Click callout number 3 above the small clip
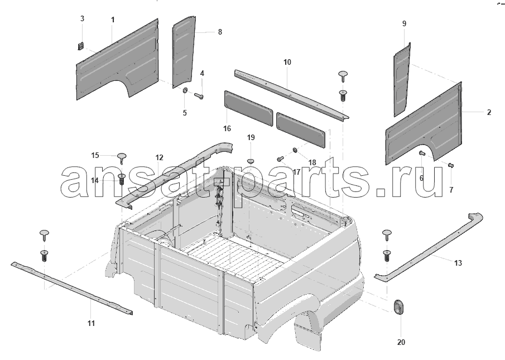point(82,18)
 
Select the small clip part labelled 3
point(81,46)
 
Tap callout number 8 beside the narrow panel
point(220,32)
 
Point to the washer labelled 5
point(186,90)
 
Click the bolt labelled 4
point(199,95)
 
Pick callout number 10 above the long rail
point(287,62)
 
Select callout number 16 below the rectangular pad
point(227,129)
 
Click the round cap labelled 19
point(251,160)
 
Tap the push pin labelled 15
point(122,158)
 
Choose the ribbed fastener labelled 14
point(122,179)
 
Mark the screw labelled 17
point(280,159)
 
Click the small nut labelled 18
point(295,150)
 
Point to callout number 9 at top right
point(404,23)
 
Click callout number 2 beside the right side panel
point(489,112)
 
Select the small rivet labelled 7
point(451,165)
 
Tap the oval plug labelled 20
point(399,306)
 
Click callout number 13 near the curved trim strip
point(458,263)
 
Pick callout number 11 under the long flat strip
point(91,323)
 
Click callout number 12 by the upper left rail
point(160,157)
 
